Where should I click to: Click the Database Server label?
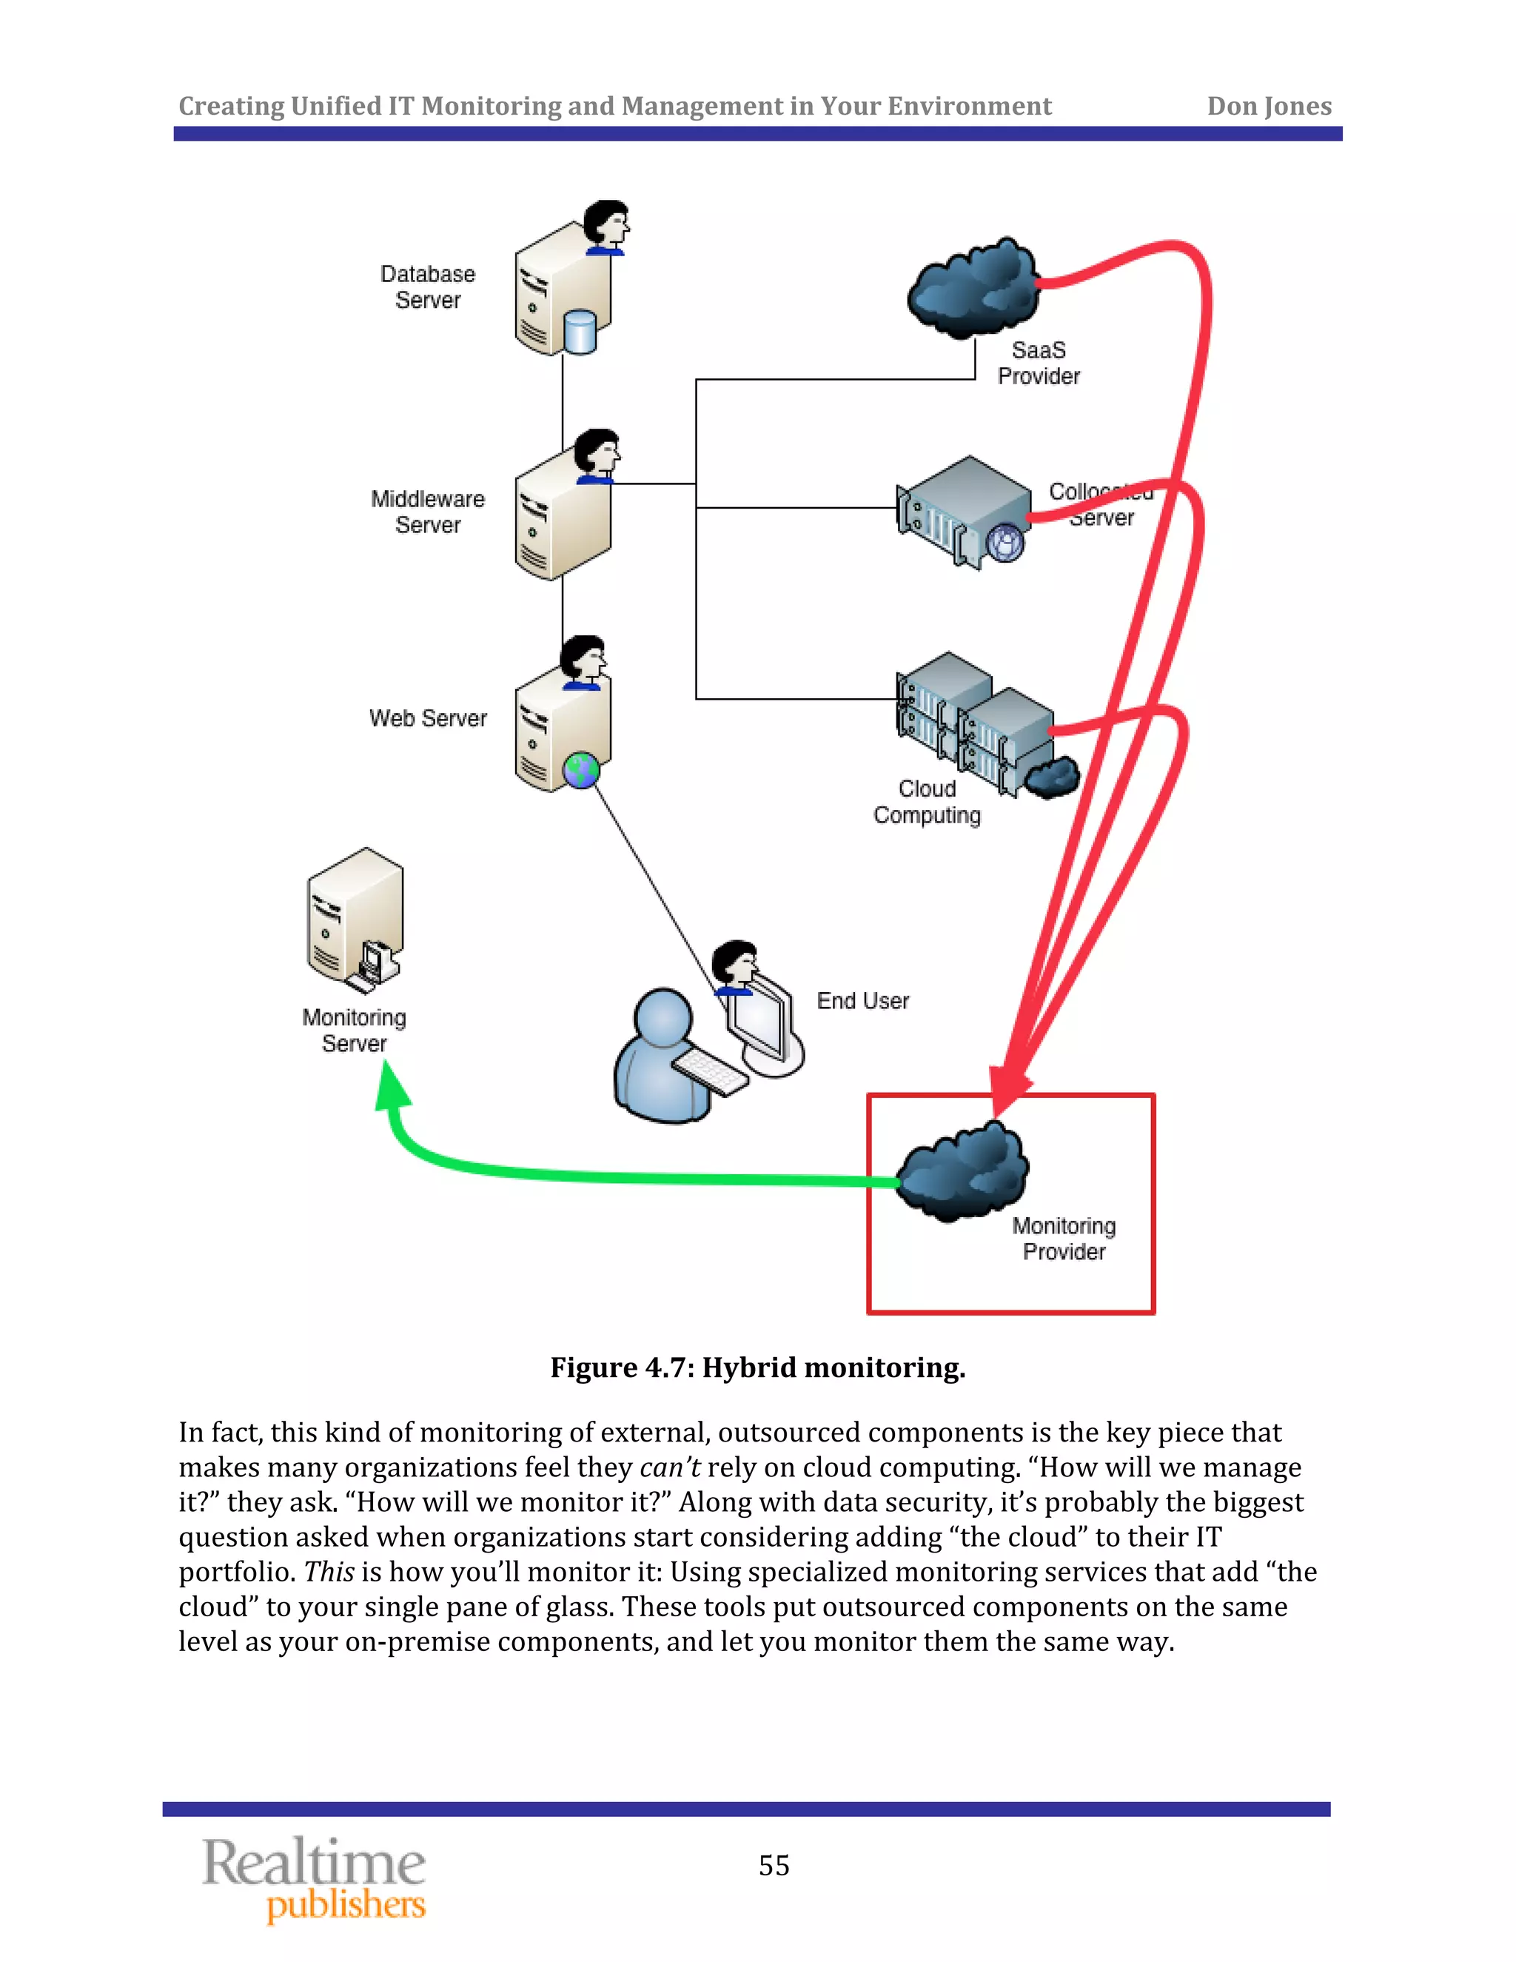pyautogui.click(x=428, y=287)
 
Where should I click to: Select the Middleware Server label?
pyautogui.click(x=428, y=511)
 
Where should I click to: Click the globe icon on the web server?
pyautogui.click(x=581, y=770)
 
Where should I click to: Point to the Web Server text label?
pyautogui.click(x=428, y=717)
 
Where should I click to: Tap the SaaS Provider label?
pyautogui.click(x=1039, y=363)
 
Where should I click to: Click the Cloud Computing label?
pyautogui.click(x=927, y=801)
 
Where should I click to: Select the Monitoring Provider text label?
pyautogui.click(x=1064, y=1238)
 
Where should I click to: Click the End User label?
pyautogui.click(x=862, y=1001)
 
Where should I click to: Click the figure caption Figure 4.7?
pyautogui.click(x=757, y=1367)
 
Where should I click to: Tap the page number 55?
pyautogui.click(x=774, y=1865)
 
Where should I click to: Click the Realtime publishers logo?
pyautogui.click(x=315, y=1879)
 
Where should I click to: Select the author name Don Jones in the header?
pyautogui.click(x=1268, y=106)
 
